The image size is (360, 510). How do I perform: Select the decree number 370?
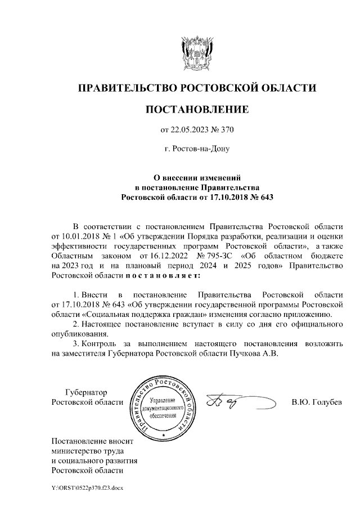coord(226,131)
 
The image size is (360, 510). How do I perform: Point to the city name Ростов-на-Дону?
coord(197,149)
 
